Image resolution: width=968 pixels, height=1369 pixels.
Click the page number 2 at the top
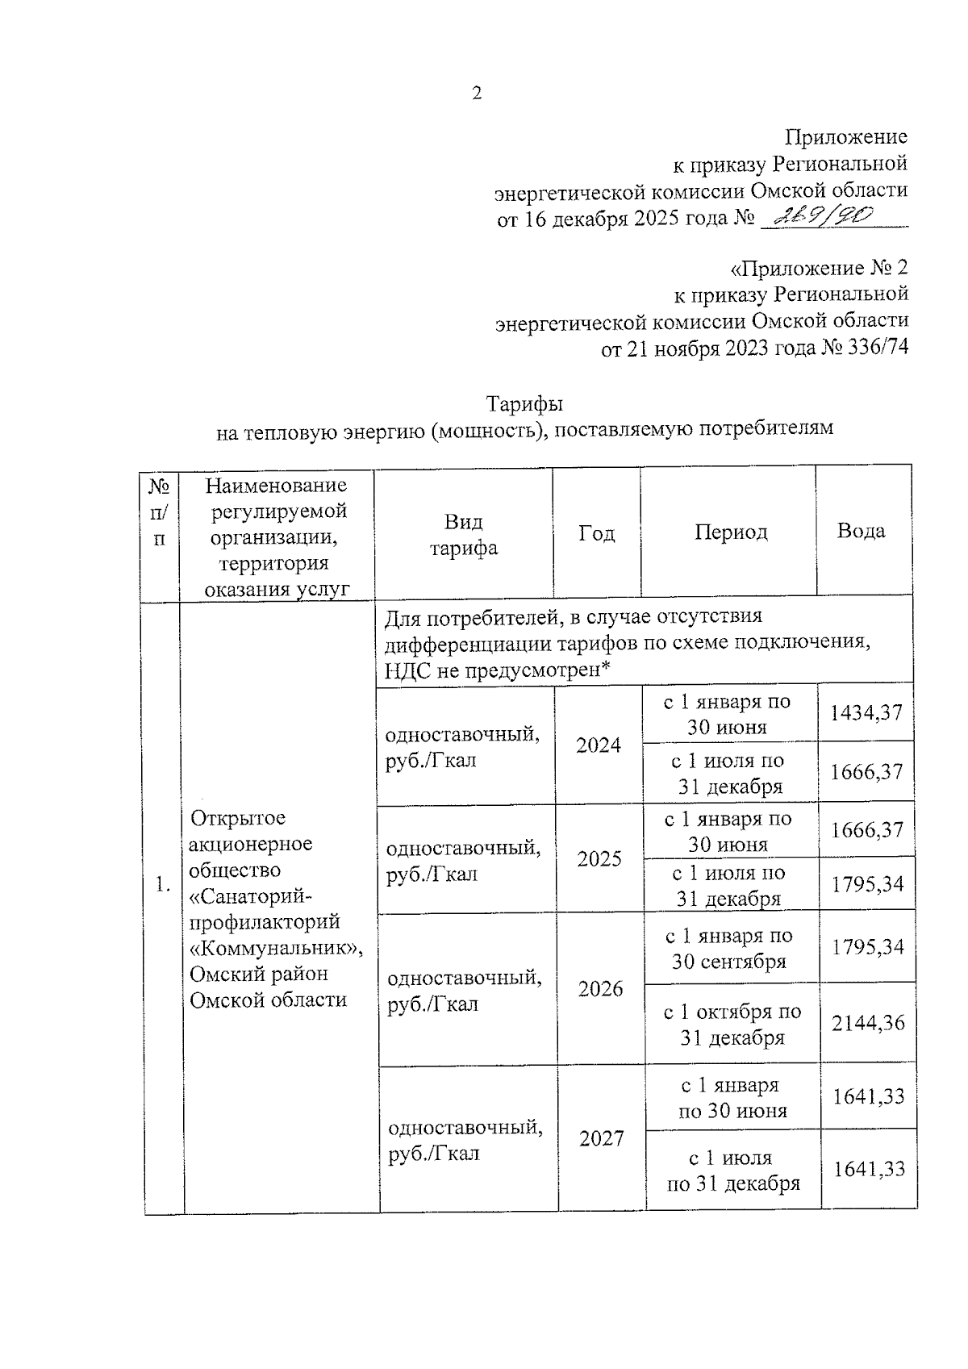pyautogui.click(x=477, y=94)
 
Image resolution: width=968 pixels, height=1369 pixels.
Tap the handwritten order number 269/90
pyautogui.click(x=824, y=215)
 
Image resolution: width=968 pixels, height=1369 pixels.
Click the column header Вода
pyautogui.click(x=861, y=531)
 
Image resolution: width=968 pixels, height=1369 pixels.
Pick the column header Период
pyautogui.click(x=731, y=532)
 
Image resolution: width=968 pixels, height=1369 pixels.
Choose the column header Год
pyautogui.click(x=597, y=533)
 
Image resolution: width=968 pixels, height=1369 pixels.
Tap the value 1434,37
pyautogui.click(x=866, y=712)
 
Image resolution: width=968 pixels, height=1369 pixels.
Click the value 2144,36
pyautogui.click(x=868, y=1023)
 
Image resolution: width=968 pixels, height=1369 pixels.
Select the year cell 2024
pyautogui.click(x=599, y=745)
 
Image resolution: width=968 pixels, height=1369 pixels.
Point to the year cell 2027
pyautogui.click(x=602, y=1138)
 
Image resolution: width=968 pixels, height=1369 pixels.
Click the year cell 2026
pyautogui.click(x=601, y=988)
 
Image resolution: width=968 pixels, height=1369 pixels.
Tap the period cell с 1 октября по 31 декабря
pyautogui.click(x=732, y=1024)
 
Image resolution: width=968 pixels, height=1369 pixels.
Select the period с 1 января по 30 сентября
pyautogui.click(x=729, y=948)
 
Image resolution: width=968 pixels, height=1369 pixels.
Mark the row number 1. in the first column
pyautogui.click(x=163, y=883)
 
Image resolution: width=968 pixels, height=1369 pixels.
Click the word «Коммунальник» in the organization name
pyautogui.click(x=275, y=947)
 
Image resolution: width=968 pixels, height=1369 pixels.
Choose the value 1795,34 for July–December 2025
pyautogui.click(x=867, y=884)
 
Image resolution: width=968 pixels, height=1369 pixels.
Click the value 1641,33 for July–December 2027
pyautogui.click(x=869, y=1169)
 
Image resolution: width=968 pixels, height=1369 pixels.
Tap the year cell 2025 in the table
pyautogui.click(x=599, y=858)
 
